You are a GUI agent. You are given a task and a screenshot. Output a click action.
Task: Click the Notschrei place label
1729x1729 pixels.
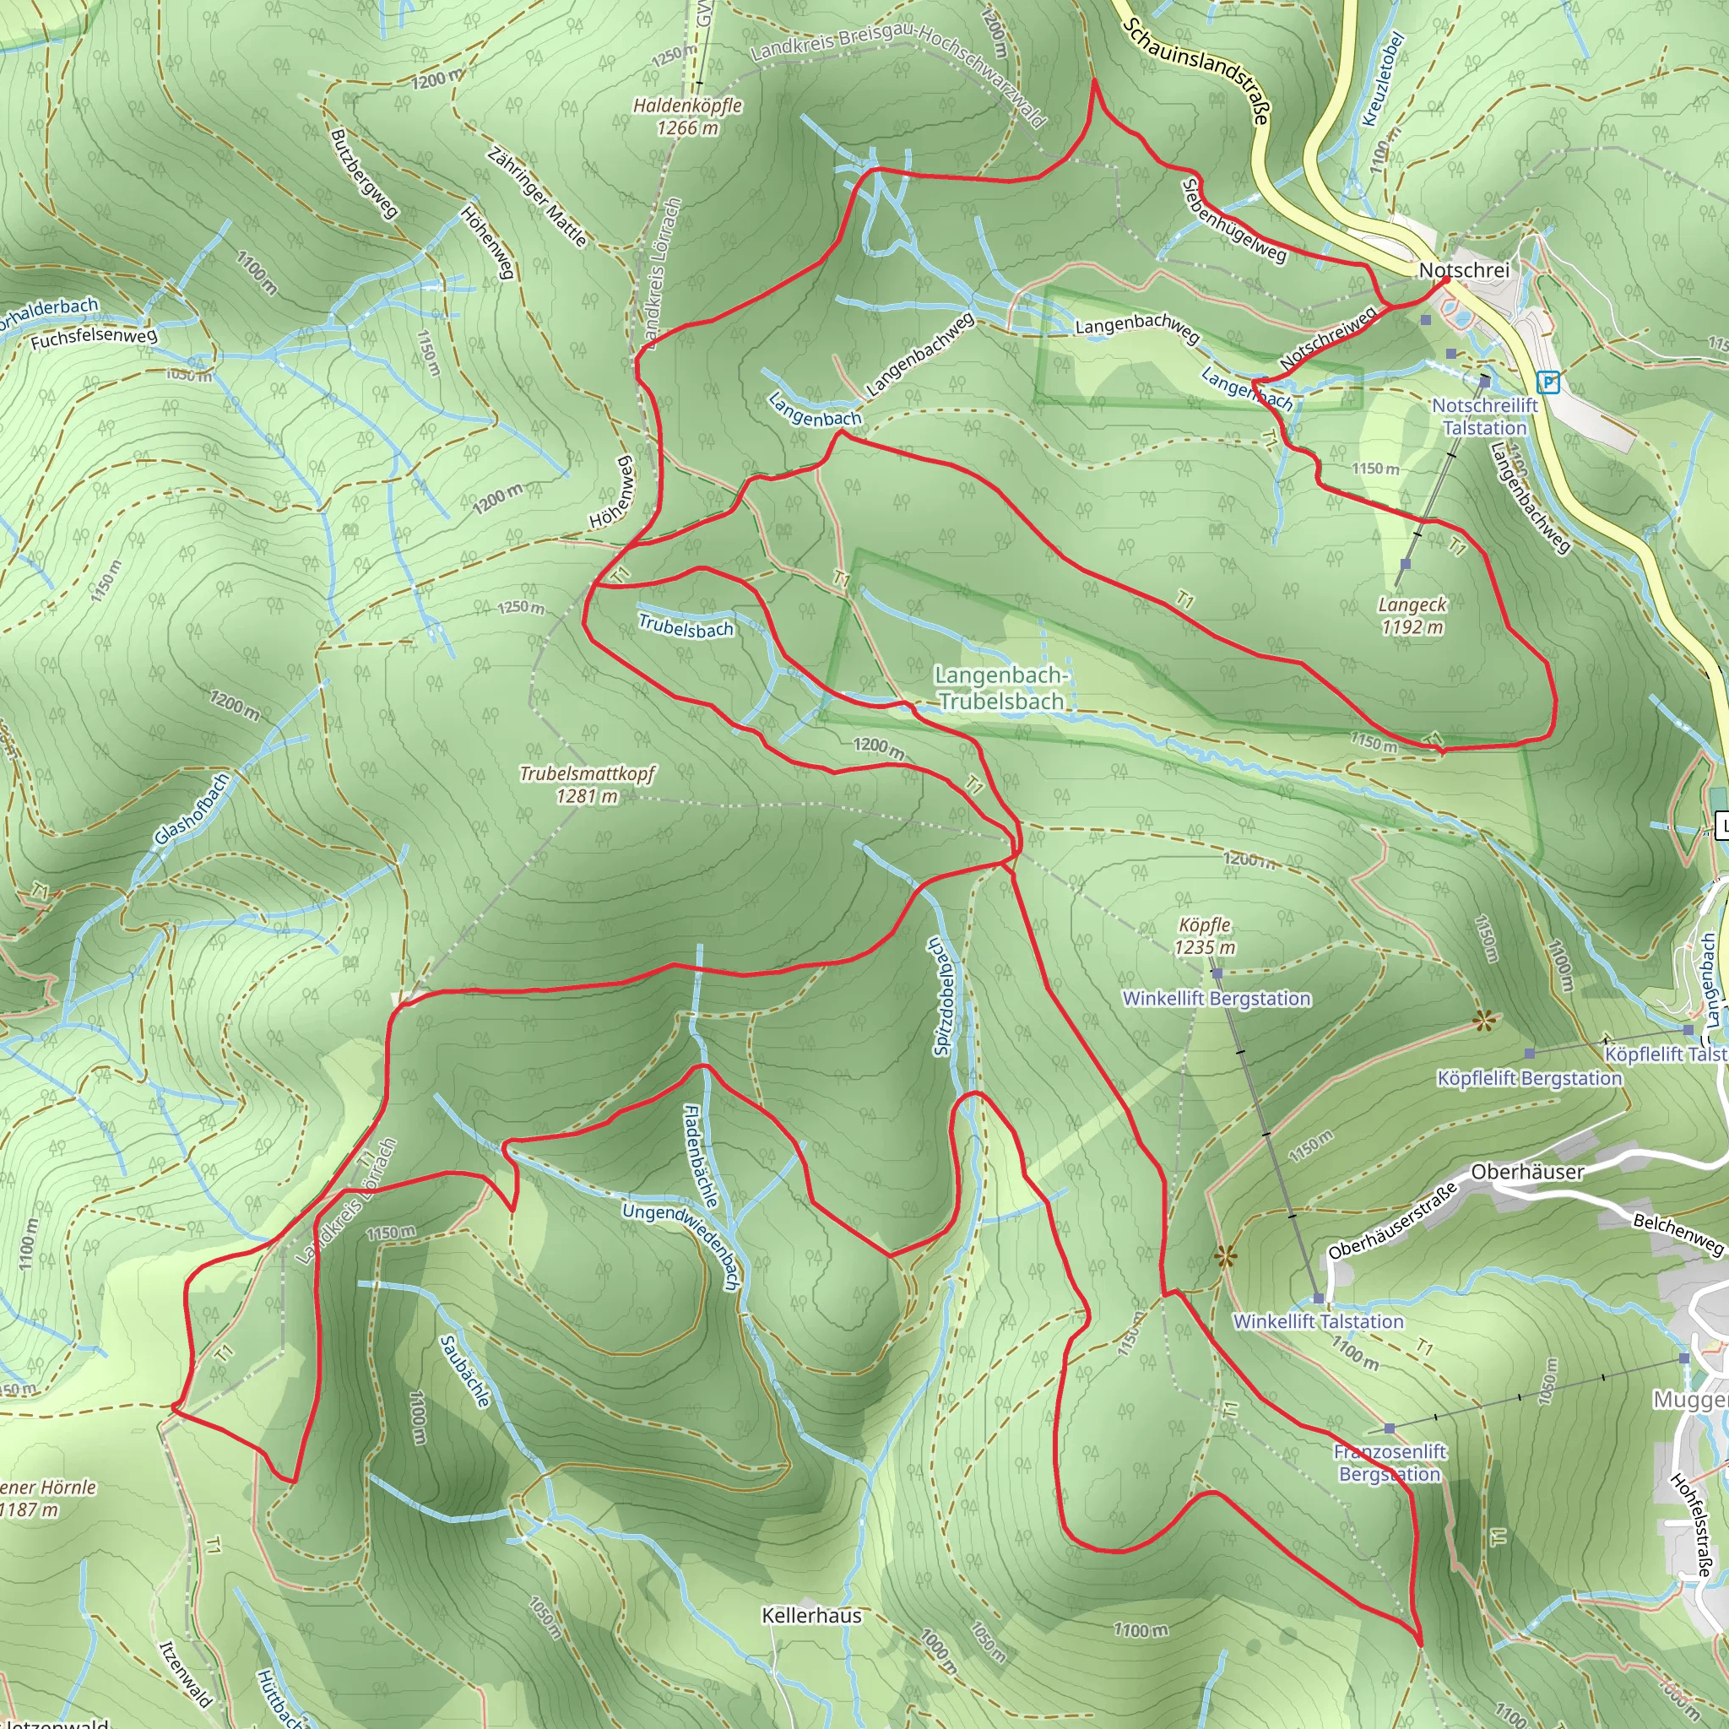1464,270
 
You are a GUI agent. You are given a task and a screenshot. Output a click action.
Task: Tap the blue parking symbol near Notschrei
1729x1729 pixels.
1547,383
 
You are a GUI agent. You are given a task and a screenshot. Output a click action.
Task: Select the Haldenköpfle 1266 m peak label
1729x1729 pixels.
687,117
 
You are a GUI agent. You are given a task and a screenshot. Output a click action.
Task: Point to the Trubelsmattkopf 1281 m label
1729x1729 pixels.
587,784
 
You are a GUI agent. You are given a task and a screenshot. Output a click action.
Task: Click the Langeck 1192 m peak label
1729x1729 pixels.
1412,615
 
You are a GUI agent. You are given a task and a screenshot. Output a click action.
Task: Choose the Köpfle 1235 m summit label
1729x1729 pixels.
1205,935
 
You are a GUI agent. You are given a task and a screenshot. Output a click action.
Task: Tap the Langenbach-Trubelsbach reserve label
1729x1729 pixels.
1000,688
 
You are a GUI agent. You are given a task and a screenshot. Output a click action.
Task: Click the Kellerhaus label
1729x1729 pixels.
811,1615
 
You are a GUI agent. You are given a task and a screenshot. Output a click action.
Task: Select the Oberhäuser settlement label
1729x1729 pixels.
1527,1172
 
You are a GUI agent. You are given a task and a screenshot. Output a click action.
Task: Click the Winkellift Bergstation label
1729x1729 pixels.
1217,998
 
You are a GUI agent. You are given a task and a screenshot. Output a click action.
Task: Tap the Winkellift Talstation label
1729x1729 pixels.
1318,1321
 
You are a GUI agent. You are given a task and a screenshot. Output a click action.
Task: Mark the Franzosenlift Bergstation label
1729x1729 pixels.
1390,1462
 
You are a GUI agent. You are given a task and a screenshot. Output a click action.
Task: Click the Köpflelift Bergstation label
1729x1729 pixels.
1530,1078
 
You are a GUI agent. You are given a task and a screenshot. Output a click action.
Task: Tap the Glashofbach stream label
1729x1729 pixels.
192,809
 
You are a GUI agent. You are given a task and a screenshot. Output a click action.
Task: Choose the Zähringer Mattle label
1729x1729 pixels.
537,197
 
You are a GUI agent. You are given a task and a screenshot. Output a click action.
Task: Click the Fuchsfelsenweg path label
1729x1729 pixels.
94,338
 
